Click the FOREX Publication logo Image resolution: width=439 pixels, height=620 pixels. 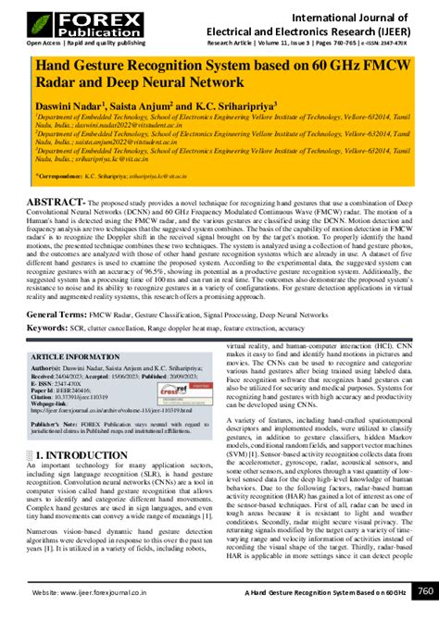coord(57,21)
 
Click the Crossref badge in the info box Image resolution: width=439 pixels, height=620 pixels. coord(191,391)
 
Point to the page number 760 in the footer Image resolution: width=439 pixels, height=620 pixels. coord(425,589)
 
